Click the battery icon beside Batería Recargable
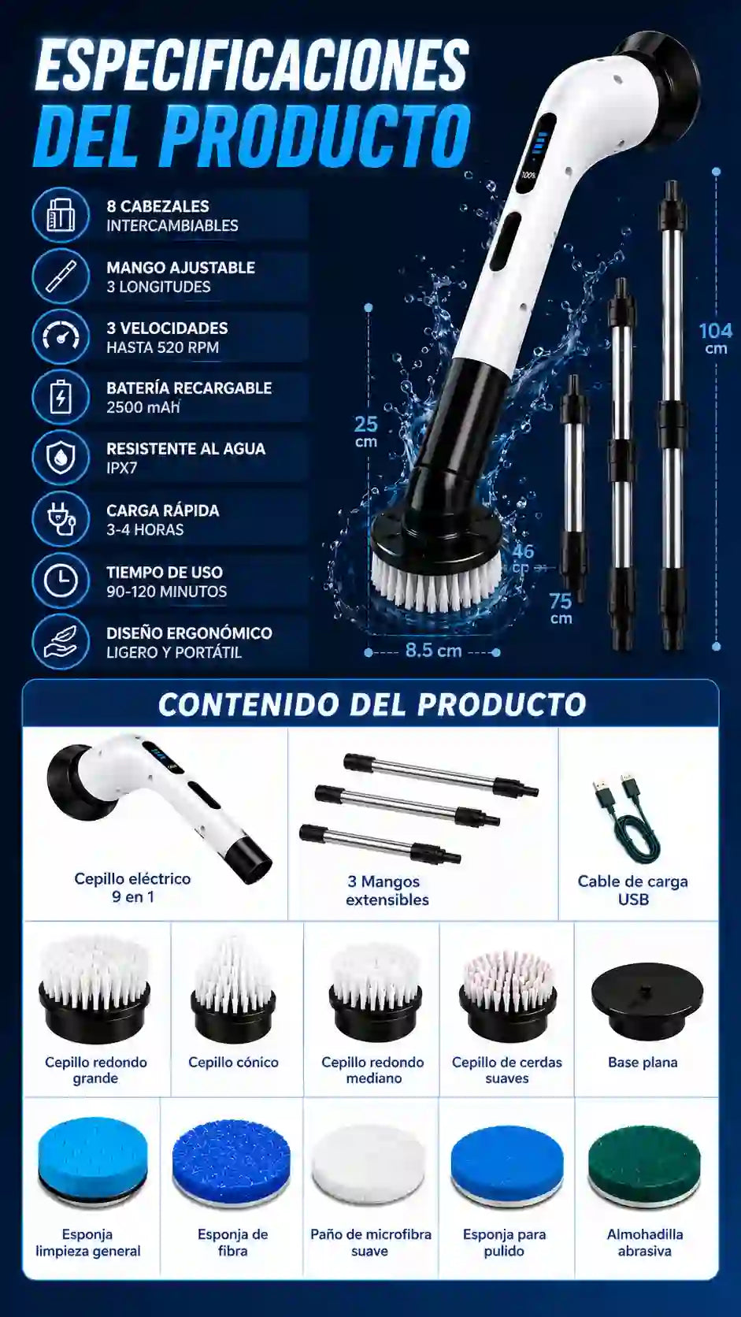point(61,397)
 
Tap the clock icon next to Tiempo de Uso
point(61,581)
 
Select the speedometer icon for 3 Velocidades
point(61,336)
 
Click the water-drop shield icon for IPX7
point(61,458)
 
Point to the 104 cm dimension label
point(716,338)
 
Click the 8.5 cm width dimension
point(433,651)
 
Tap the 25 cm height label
point(366,432)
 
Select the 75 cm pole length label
point(561,608)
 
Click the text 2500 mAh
point(143,407)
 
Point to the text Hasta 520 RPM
point(163,347)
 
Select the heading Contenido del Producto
point(372,704)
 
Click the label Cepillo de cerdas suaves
point(506,1070)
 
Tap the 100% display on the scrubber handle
point(528,175)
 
